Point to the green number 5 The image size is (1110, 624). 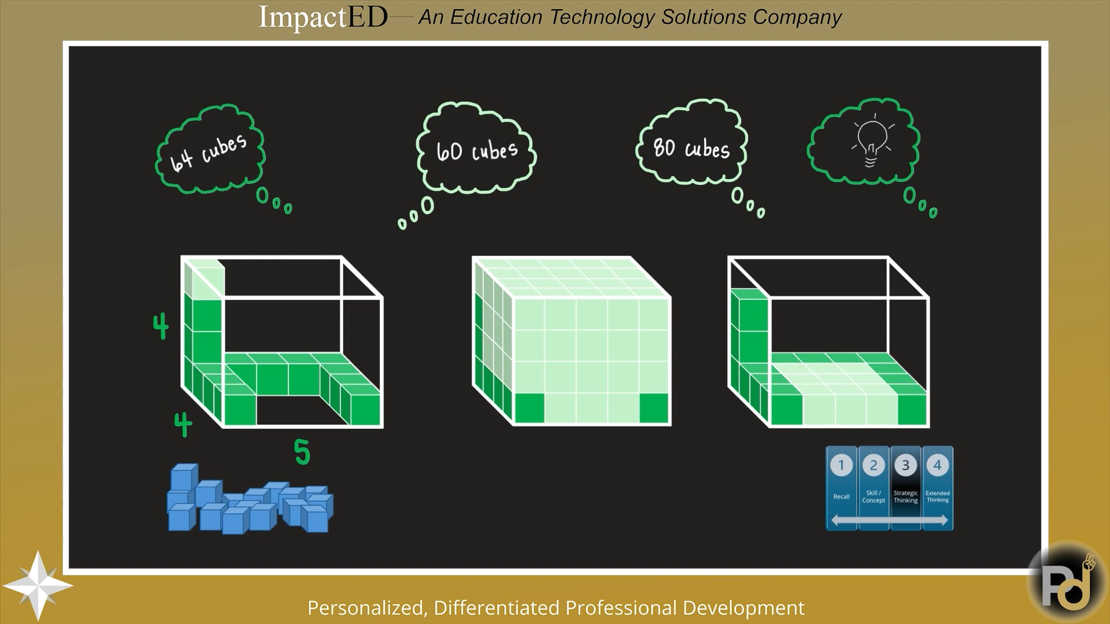[302, 452]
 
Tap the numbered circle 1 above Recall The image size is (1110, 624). [841, 465]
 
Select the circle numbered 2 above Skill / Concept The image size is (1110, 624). [874, 465]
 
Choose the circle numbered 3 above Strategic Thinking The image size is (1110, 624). [905, 465]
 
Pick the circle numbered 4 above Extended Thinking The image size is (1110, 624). [937, 465]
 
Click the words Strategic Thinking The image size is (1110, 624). [905, 497]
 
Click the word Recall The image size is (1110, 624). [841, 497]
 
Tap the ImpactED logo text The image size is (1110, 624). [323, 16]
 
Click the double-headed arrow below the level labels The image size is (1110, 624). [889, 520]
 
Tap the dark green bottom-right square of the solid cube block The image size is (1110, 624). [654, 408]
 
